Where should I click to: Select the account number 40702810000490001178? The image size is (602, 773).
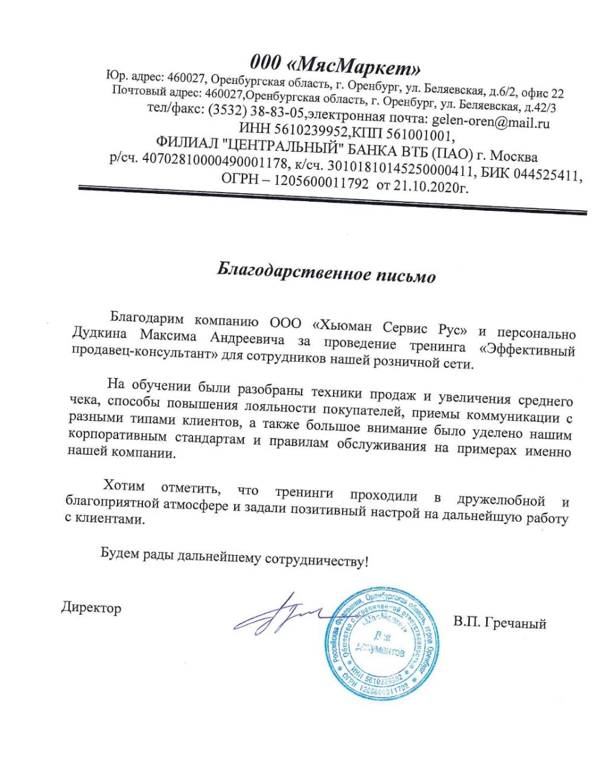tap(215, 160)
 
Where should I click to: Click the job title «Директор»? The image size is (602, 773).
tap(91, 607)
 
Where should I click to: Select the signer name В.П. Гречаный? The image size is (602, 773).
tap(501, 623)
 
